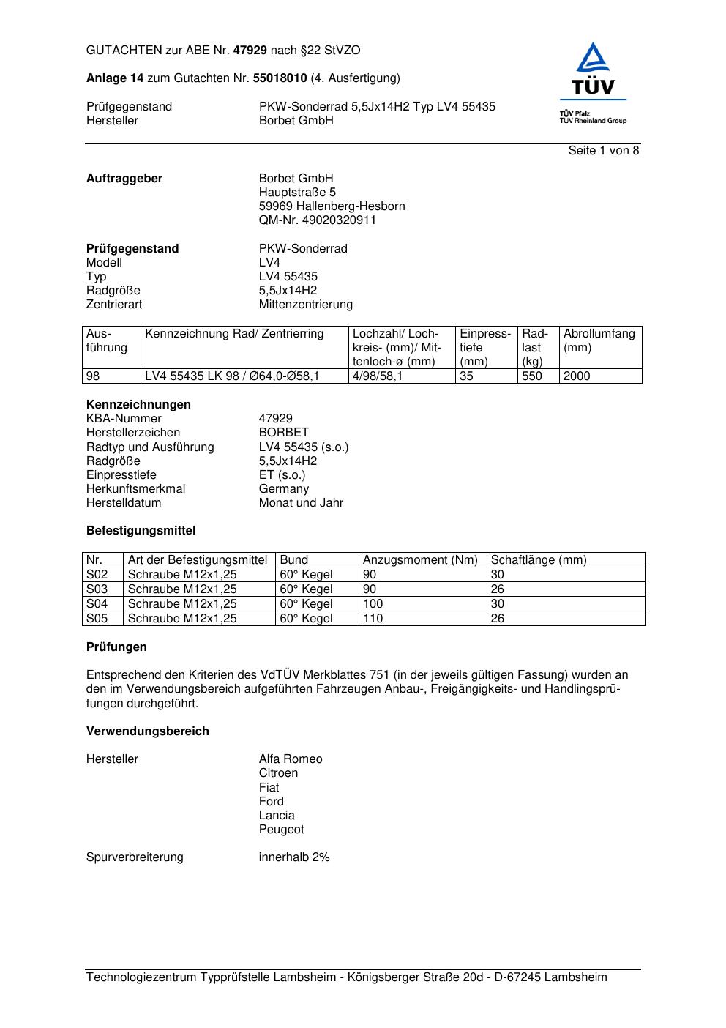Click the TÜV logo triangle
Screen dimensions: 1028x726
pyautogui.click(x=592, y=59)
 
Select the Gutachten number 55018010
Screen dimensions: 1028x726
pyautogui.click(x=280, y=78)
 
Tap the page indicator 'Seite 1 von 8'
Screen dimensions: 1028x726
pyautogui.click(x=603, y=151)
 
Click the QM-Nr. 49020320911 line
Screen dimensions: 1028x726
pyautogui.click(x=317, y=220)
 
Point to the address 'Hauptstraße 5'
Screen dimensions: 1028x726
pyautogui.click(x=297, y=193)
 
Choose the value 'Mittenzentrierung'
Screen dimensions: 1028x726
pyautogui.click(x=305, y=305)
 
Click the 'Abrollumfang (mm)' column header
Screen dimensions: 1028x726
pyautogui.click(x=599, y=340)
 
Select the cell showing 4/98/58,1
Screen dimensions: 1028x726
pyautogui.click(x=377, y=376)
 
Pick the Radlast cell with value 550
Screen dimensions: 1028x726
pyautogui.click(x=532, y=376)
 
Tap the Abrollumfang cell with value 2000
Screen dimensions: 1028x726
pyautogui.click(x=577, y=376)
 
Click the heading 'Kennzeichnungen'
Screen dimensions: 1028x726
pyautogui.click(x=138, y=405)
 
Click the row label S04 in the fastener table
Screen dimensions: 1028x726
pyautogui.click(x=97, y=604)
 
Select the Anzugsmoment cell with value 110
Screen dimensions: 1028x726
pyautogui.click(x=373, y=619)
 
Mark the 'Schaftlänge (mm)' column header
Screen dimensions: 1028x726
pyautogui.click(x=538, y=560)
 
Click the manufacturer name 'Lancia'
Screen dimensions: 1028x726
pyautogui.click(x=277, y=816)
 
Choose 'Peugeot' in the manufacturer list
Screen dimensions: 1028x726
pyautogui.click(x=281, y=830)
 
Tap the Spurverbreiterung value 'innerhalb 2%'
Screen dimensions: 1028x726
pyautogui.click(x=294, y=857)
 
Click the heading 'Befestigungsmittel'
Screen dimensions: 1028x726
pyautogui.click(x=141, y=531)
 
